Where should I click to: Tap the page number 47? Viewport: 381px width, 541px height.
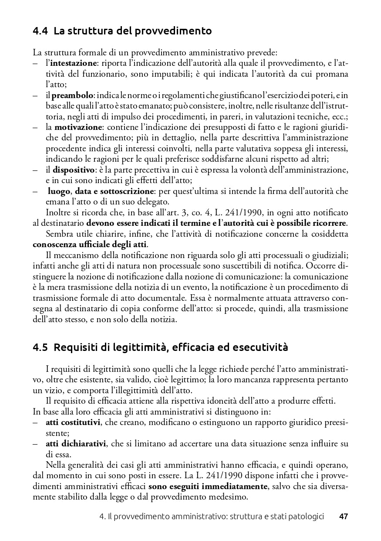[344, 517]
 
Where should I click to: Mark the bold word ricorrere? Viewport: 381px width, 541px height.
[328, 223]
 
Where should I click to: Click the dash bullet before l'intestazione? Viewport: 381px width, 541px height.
[35, 64]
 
